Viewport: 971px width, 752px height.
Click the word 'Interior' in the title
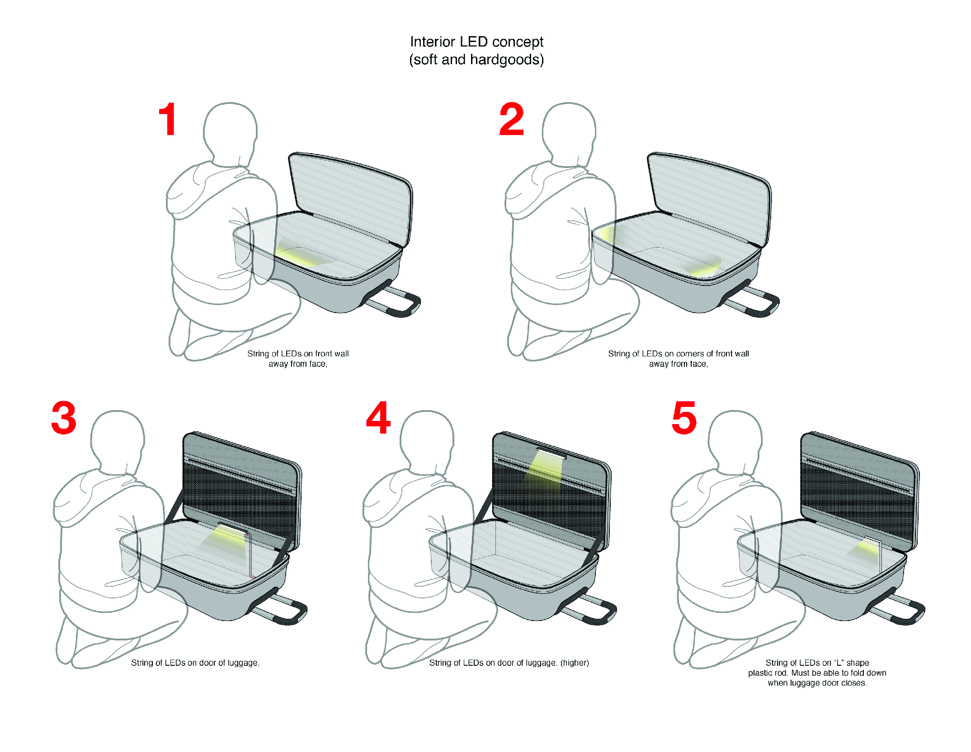point(433,42)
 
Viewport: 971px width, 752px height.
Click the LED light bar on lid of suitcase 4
point(552,453)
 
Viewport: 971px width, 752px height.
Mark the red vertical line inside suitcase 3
point(250,555)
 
